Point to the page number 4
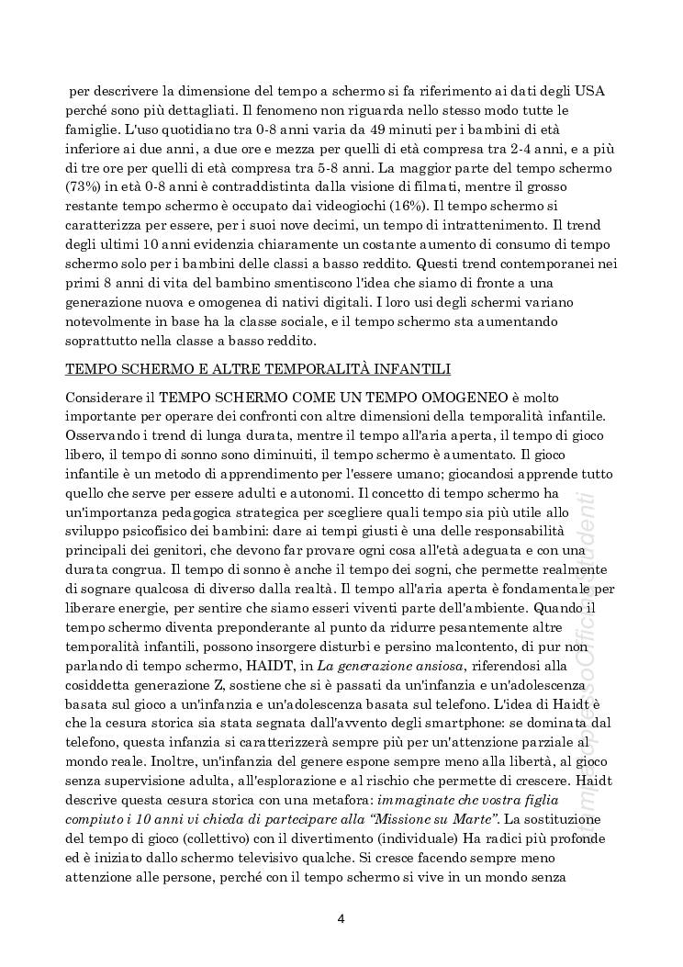point(341,917)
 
